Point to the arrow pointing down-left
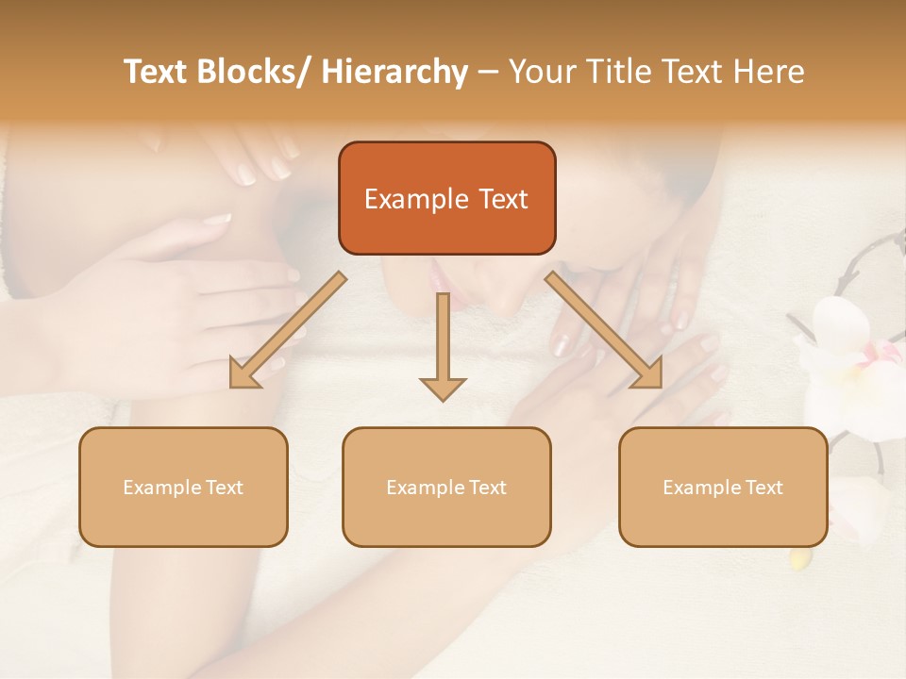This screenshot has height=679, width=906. tap(288, 330)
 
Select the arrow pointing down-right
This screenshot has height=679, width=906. tap(604, 330)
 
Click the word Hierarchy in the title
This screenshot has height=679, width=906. tap(394, 72)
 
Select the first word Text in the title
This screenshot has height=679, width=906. tap(157, 72)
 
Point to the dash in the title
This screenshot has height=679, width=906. tap(488, 73)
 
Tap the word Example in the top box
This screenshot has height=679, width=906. tap(416, 199)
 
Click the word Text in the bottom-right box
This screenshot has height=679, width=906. tap(763, 488)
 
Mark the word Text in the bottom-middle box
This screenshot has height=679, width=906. tap(487, 488)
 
